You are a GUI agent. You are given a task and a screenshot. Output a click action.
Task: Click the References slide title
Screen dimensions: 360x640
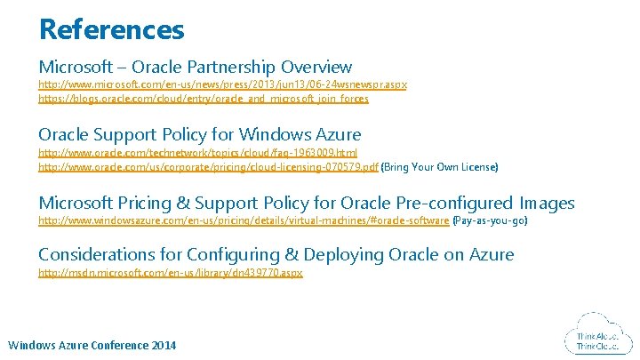click(111, 29)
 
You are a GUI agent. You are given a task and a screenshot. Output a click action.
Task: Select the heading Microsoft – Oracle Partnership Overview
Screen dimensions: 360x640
click(195, 67)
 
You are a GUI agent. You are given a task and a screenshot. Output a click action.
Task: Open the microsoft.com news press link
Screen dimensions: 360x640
click(222, 84)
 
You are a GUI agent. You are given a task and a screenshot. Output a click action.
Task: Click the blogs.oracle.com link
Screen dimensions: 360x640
click(203, 99)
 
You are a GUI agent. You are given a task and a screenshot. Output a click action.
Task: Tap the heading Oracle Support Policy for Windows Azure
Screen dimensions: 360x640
click(199, 135)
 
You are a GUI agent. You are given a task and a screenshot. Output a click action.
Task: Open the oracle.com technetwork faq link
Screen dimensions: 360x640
click(197, 153)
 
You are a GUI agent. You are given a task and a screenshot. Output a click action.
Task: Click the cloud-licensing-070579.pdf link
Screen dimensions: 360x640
click(208, 167)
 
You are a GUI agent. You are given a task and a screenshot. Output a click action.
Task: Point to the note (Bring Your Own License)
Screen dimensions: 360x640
click(439, 167)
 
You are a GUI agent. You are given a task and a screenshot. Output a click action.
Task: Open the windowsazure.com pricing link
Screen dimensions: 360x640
click(244, 220)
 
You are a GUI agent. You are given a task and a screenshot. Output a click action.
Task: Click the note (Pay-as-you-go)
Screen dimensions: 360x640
click(490, 220)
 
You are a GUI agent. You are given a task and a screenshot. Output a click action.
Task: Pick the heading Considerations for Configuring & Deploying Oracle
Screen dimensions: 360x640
click(276, 255)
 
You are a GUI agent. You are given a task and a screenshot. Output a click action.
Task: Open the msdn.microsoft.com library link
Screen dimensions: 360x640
click(170, 273)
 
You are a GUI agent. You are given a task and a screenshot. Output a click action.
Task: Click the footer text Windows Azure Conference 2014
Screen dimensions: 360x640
click(92, 345)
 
